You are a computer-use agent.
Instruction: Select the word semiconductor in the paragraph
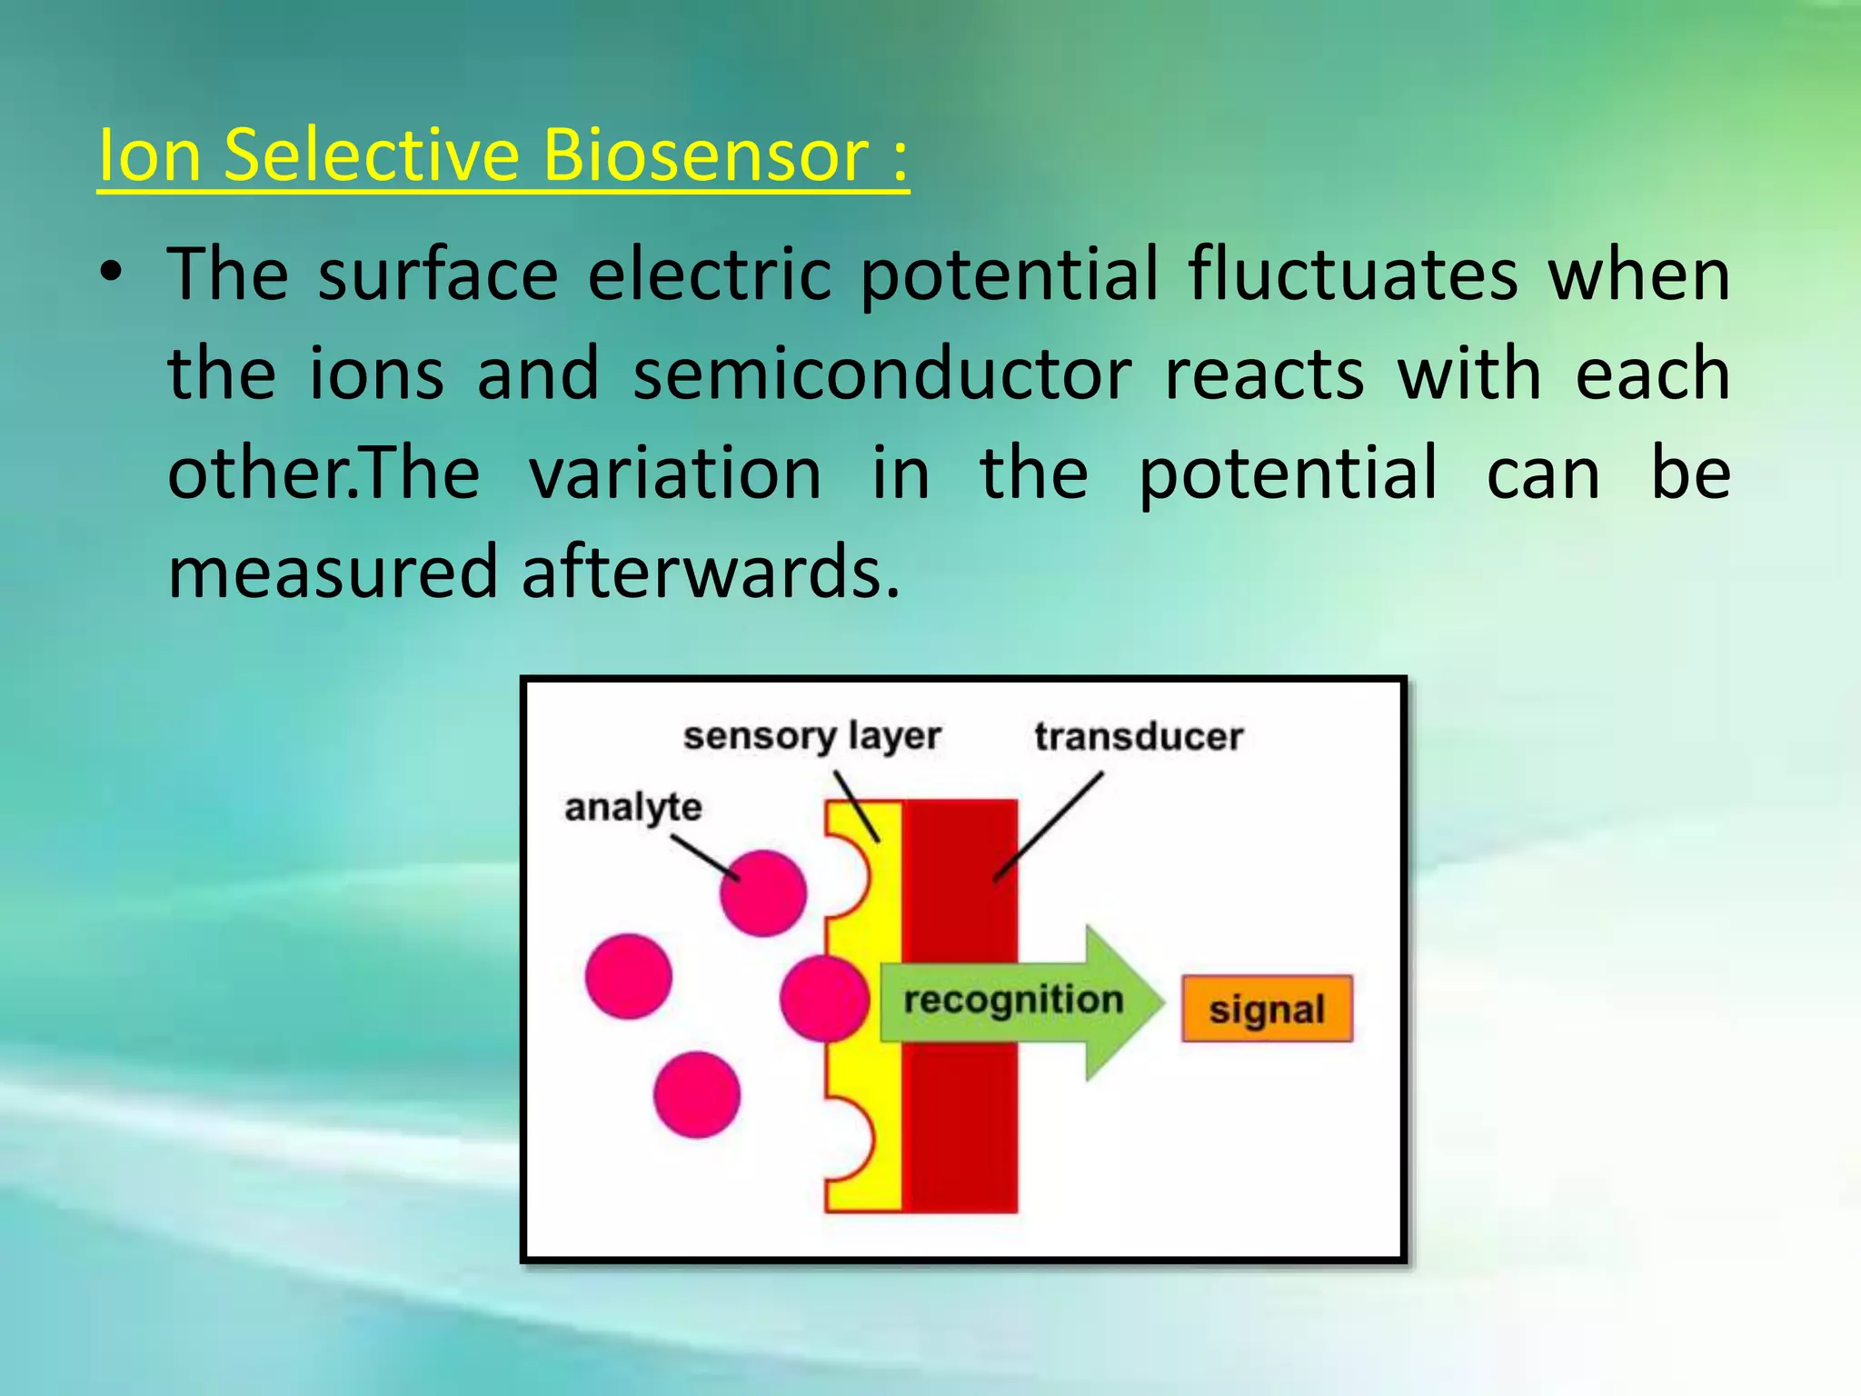click(x=881, y=374)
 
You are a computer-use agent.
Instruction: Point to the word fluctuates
click(x=1353, y=274)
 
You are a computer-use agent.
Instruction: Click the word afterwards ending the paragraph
click(x=711, y=572)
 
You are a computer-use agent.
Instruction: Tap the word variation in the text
click(x=676, y=473)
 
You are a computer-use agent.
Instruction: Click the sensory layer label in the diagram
click(x=811, y=736)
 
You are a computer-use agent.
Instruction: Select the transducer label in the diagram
click(x=1138, y=736)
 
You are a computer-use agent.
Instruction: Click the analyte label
click(x=633, y=807)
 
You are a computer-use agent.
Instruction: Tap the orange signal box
click(x=1267, y=1009)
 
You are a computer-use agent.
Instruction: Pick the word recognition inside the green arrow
click(x=1013, y=1000)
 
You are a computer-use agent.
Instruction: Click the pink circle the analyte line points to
click(x=763, y=893)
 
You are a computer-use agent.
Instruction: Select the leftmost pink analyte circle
click(x=629, y=976)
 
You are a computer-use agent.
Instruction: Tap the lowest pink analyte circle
click(x=697, y=1094)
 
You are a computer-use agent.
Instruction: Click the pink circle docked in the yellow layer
click(x=823, y=998)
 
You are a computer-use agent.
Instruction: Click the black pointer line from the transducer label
click(x=1050, y=825)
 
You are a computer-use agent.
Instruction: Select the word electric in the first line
click(x=709, y=274)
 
